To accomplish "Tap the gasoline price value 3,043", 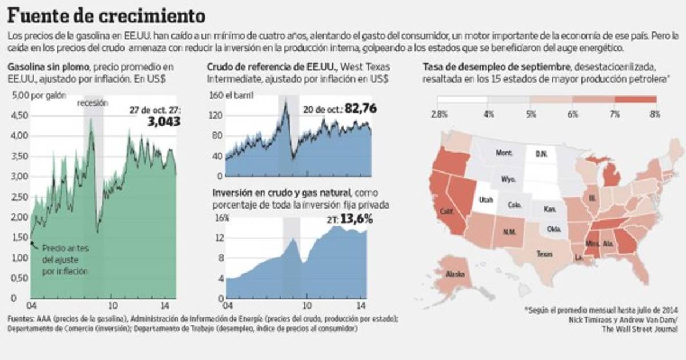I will [163, 121].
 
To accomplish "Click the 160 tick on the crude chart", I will [214, 95].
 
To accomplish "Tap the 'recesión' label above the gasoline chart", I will [93, 103].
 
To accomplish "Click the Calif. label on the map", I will [447, 211].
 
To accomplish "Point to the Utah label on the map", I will [486, 201].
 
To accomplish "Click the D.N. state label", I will [541, 154].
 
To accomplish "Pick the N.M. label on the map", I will [509, 232].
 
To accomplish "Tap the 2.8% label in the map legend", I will [438, 114].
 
